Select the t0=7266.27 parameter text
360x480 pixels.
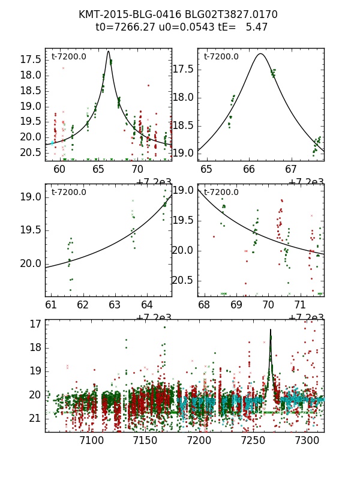tap(122, 27)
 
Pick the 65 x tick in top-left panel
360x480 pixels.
tap(99, 169)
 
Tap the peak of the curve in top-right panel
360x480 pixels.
tap(260, 53)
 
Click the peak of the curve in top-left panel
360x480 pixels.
tap(109, 51)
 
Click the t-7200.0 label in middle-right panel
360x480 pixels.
tap(221, 192)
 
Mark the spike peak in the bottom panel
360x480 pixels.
tap(271, 329)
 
